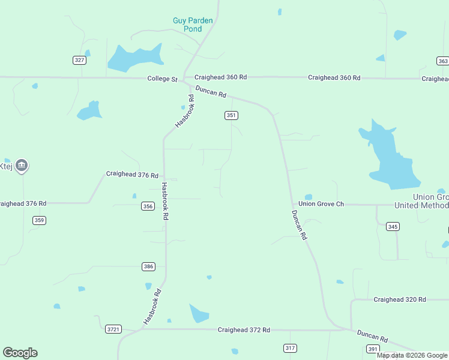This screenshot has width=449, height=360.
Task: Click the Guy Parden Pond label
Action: [193, 25]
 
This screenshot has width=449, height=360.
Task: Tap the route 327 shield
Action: [80, 60]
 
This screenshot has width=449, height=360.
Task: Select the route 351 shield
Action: [232, 115]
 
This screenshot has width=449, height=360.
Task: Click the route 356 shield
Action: [148, 206]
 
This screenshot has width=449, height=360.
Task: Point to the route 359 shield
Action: [39, 220]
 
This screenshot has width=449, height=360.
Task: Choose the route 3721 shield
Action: [113, 329]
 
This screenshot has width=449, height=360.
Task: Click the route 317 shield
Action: [290, 348]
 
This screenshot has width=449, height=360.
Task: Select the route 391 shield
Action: [373, 349]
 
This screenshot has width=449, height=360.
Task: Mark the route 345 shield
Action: [393, 226]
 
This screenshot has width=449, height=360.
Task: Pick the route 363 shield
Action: [442, 61]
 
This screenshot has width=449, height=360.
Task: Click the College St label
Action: [163, 79]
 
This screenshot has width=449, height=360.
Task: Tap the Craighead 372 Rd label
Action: [244, 330]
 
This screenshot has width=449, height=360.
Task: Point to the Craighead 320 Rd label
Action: [399, 299]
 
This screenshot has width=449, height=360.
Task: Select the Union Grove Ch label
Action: [321, 204]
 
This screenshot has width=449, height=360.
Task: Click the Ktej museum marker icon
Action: [21, 166]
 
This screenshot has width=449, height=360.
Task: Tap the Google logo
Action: [20, 353]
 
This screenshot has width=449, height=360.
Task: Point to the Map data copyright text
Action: [412, 355]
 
